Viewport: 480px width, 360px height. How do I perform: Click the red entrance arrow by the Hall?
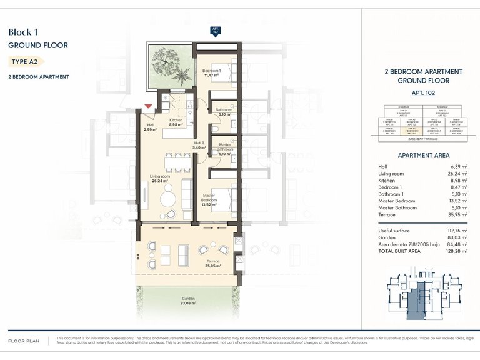[148, 107]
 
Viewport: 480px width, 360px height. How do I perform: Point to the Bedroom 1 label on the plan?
[211, 73]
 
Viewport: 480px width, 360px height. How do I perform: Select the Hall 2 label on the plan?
[199, 145]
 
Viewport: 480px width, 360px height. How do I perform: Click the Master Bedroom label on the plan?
[209, 199]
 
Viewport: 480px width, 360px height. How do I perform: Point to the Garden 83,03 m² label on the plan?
[189, 301]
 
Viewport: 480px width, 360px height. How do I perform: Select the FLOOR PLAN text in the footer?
[24, 341]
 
